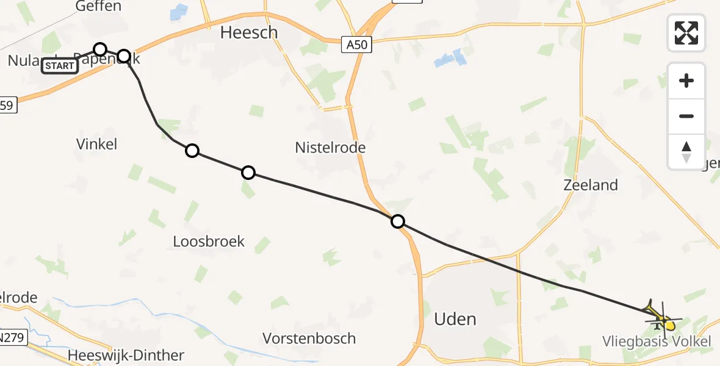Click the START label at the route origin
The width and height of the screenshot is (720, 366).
click(60, 66)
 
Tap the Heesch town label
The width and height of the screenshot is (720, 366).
click(248, 32)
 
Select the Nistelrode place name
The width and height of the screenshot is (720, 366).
click(330, 148)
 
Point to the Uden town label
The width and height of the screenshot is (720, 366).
click(455, 319)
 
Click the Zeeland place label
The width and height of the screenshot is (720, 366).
click(591, 185)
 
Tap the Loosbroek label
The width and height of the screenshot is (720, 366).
click(209, 241)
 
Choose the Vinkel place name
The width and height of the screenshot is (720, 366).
click(96, 144)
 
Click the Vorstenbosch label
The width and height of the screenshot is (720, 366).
click(309, 339)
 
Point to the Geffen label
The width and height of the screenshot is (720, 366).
click(98, 7)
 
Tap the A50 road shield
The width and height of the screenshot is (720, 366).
click(357, 45)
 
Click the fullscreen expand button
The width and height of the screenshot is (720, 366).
click(686, 32)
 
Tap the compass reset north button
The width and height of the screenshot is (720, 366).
click(686, 151)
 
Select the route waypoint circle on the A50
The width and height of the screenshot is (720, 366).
click(398, 221)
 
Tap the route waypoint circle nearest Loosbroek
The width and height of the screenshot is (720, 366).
click(248, 173)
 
